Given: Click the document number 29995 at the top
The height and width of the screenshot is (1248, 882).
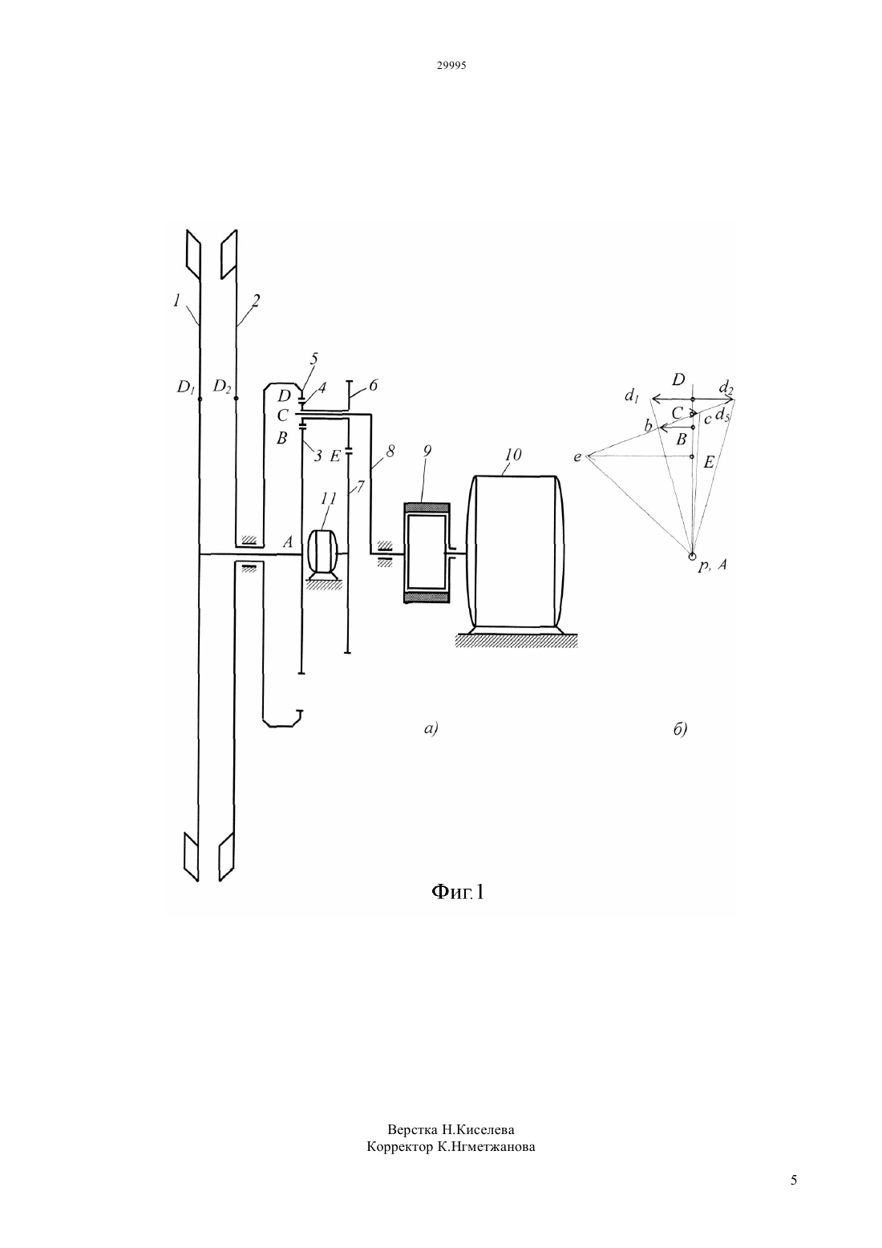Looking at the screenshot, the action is pyautogui.click(x=451, y=65).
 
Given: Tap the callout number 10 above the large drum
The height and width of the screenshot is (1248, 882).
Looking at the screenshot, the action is pyautogui.click(x=512, y=456).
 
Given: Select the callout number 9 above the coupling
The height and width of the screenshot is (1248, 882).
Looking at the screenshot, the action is pyautogui.click(x=427, y=452).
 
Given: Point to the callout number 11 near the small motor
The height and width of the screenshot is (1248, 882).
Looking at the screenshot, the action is pyautogui.click(x=329, y=498).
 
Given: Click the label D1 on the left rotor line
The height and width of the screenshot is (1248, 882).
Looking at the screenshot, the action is pyautogui.click(x=185, y=387).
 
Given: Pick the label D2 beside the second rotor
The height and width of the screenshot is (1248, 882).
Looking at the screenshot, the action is pyautogui.click(x=221, y=386).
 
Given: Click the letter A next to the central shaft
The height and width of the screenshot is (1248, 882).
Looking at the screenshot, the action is pyautogui.click(x=288, y=541).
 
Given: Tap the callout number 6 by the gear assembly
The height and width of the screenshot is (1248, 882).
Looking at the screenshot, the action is pyautogui.click(x=373, y=385).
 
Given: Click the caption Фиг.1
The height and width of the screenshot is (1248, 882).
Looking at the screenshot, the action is pyautogui.click(x=458, y=892).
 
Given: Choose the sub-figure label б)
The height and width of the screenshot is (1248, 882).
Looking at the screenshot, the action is pyautogui.click(x=681, y=728).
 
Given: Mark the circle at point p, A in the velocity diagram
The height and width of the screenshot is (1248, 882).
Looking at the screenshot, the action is pyautogui.click(x=691, y=556).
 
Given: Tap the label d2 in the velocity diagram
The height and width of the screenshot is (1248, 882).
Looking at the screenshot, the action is pyautogui.click(x=726, y=387).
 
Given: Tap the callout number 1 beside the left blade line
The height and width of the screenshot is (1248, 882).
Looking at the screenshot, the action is pyautogui.click(x=176, y=302).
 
